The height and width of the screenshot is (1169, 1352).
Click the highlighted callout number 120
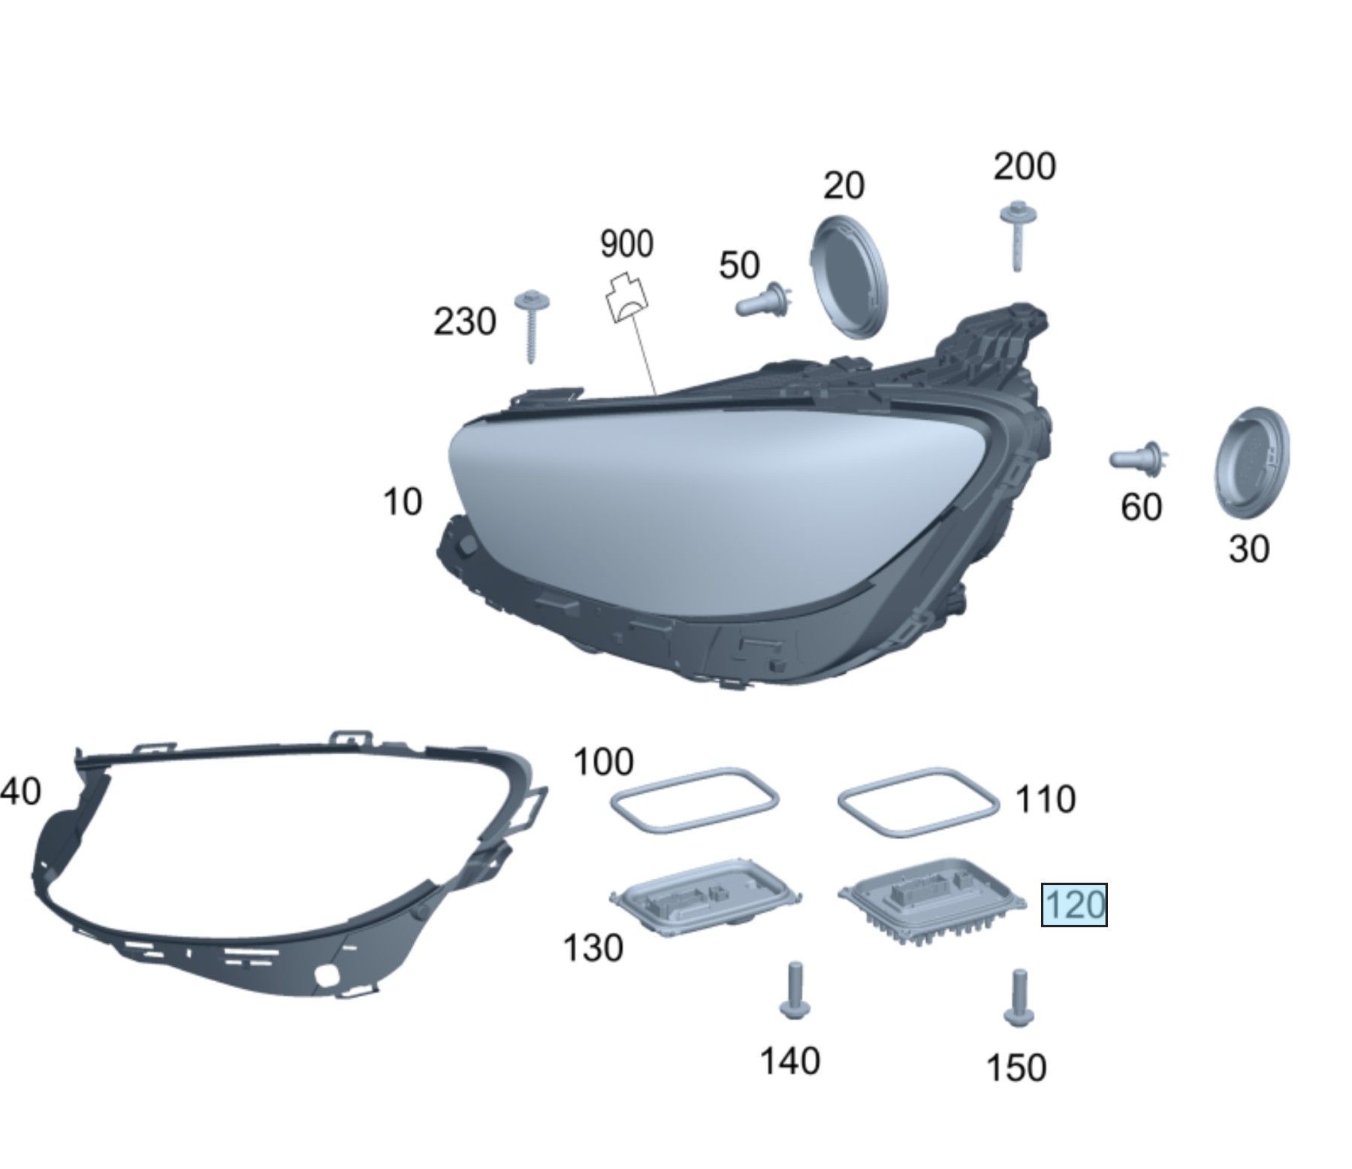pos(1073,905)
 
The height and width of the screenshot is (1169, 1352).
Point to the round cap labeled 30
pos(1251,463)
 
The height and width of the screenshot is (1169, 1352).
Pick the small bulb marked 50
pos(765,300)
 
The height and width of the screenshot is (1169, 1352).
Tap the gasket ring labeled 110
pos(919,801)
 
